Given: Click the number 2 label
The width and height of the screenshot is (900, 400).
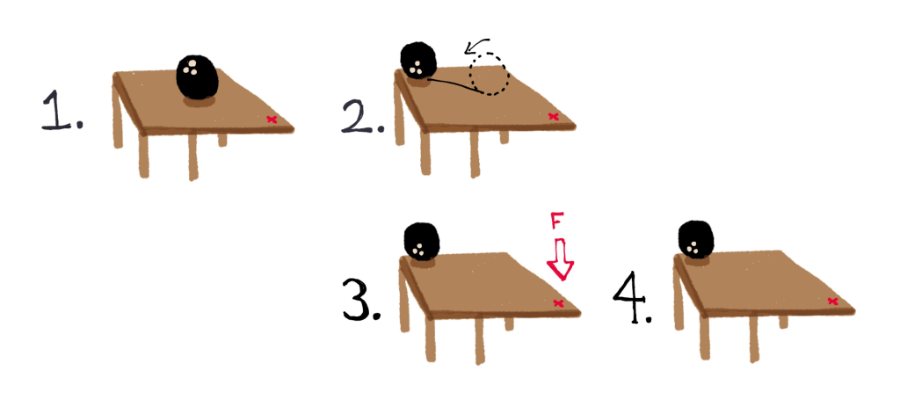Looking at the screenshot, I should [x=359, y=115].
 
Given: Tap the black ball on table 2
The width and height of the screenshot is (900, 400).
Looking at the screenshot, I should [x=418, y=62].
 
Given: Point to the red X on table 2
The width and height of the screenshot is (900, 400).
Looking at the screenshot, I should [x=553, y=116].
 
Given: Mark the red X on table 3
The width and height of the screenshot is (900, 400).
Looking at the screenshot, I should [x=558, y=303].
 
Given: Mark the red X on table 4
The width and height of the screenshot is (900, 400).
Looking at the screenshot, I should [x=832, y=302].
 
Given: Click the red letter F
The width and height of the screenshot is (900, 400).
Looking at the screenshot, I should [x=555, y=222].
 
